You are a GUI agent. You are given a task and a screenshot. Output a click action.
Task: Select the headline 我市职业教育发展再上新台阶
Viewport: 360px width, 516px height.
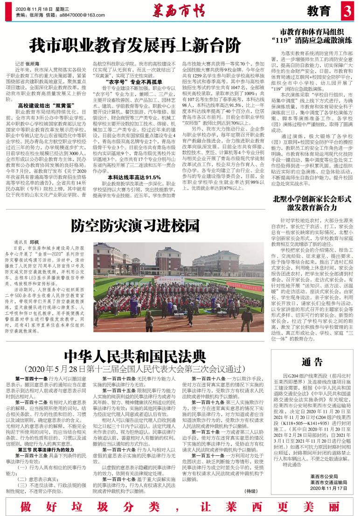tap(135, 45)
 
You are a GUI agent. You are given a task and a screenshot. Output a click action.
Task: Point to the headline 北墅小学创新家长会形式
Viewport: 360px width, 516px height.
tap(312, 198)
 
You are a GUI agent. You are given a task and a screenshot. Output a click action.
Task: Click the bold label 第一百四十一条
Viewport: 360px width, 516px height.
tap(32, 378)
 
